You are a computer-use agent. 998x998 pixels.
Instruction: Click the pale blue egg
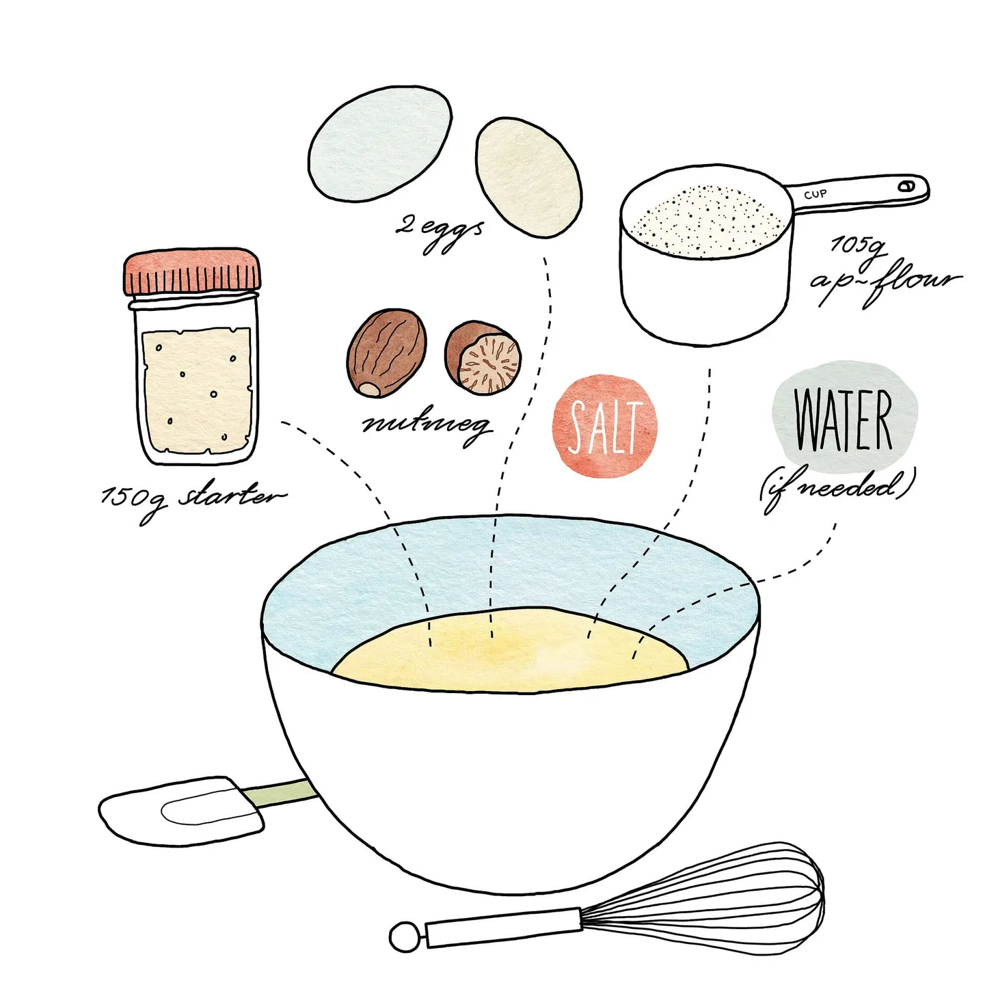[379, 144]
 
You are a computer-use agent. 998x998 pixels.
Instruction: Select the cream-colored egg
[528, 178]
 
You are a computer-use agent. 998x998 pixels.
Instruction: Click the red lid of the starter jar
[192, 271]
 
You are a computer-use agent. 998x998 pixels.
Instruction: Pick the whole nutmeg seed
[386, 352]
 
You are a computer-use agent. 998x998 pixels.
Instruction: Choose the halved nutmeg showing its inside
[484, 358]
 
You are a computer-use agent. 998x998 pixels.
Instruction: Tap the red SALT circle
[604, 426]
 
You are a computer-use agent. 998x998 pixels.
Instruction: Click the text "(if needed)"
[837, 487]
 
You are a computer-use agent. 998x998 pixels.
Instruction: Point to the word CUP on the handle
[815, 194]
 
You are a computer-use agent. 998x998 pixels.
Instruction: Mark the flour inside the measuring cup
[705, 220]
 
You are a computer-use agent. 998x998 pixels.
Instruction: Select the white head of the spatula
[182, 810]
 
